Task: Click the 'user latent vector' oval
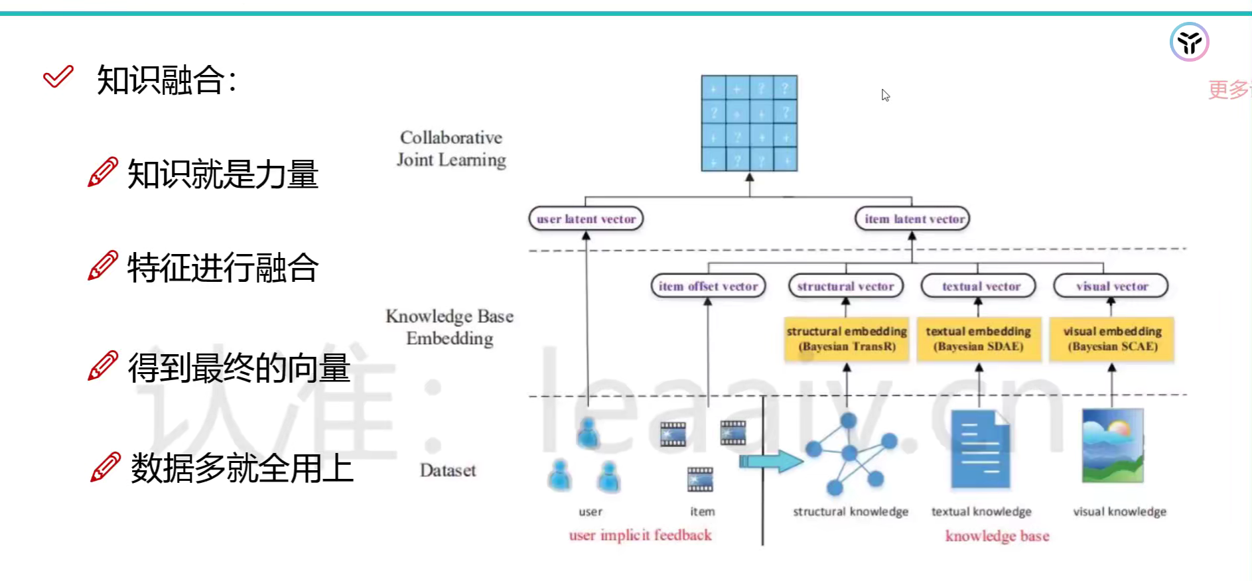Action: pyautogui.click(x=586, y=219)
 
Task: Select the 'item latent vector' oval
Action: pyautogui.click(x=913, y=219)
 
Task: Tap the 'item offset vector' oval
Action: pyautogui.click(x=708, y=287)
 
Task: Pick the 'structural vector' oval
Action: pyautogui.click(x=845, y=287)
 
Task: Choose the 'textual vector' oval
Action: pyautogui.click(x=979, y=287)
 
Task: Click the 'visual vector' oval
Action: pyautogui.click(x=1111, y=287)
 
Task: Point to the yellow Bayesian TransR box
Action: pyautogui.click(x=847, y=339)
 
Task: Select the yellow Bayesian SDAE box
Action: pyautogui.click(x=979, y=339)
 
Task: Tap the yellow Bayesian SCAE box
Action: pyautogui.click(x=1112, y=339)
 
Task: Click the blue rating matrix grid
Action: pyautogui.click(x=749, y=123)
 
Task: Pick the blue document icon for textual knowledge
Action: pyautogui.click(x=980, y=449)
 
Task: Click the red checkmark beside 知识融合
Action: pyautogui.click(x=58, y=77)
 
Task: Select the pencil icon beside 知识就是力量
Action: pyautogui.click(x=103, y=172)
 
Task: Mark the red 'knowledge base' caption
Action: pyautogui.click(x=997, y=536)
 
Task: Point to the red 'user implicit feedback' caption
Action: pyautogui.click(x=640, y=535)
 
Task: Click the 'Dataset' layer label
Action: pyautogui.click(x=448, y=471)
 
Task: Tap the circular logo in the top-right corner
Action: pyautogui.click(x=1189, y=42)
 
